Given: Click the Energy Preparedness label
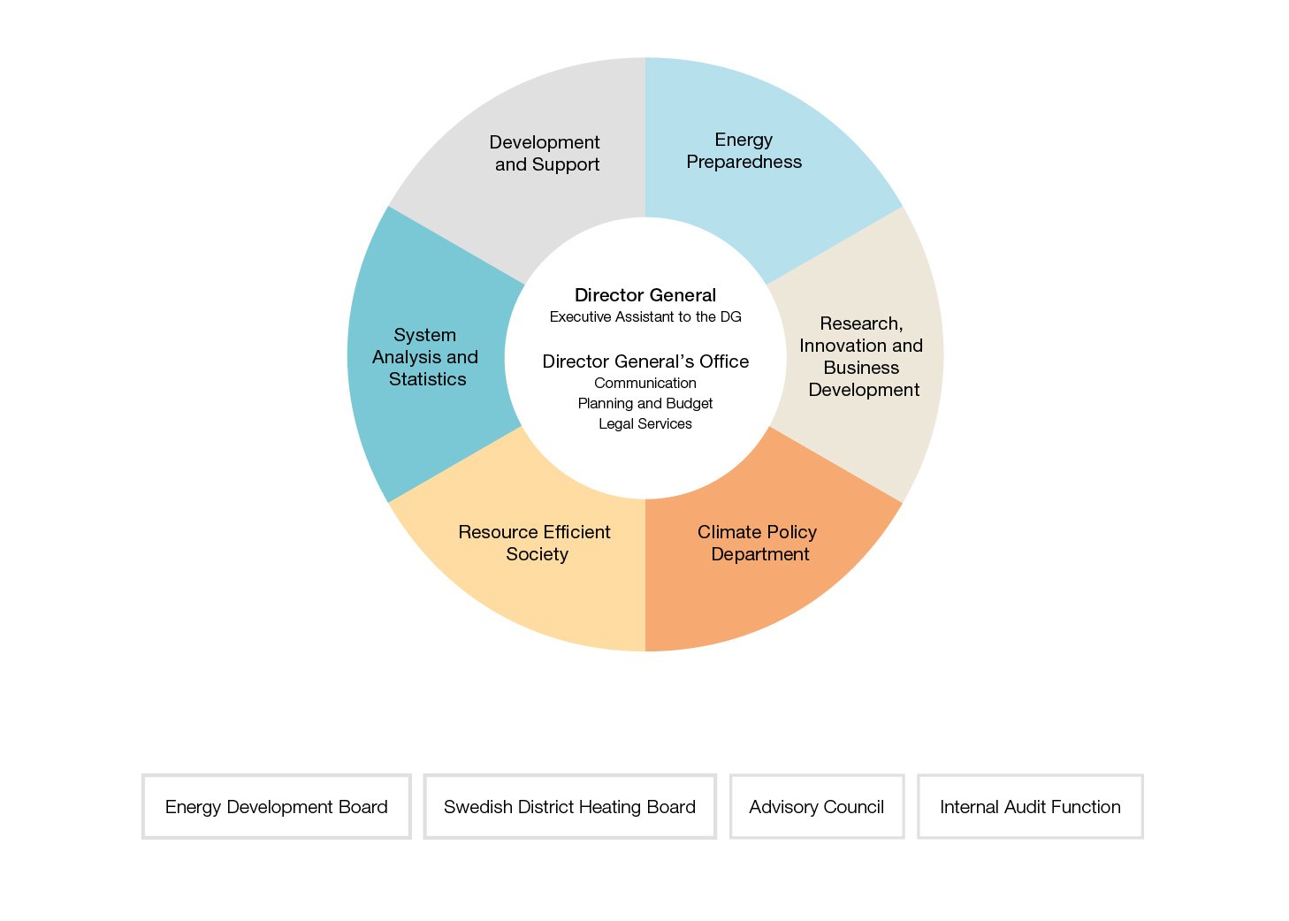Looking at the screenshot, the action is (744, 151).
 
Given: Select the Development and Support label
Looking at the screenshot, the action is (545, 153).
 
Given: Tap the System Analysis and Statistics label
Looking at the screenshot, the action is (425, 357).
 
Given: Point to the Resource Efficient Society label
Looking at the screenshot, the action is (535, 543).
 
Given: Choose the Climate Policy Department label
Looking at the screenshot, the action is (758, 543).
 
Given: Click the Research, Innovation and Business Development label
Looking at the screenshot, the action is (861, 357).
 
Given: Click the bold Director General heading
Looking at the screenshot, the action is (645, 295).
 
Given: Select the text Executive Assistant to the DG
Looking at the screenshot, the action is (645, 317).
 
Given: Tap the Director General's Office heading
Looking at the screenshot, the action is (645, 362).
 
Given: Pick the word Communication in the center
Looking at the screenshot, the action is (645, 383).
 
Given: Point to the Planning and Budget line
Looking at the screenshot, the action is (645, 404).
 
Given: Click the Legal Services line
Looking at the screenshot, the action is (645, 424).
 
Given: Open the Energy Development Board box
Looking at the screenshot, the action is (276, 806).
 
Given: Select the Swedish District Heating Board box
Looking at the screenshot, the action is (569, 806).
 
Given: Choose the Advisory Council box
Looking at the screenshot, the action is (817, 806).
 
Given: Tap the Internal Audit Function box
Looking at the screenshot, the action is (1030, 806).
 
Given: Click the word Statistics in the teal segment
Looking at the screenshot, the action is (428, 379).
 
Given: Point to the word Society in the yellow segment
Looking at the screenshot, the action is (537, 554).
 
